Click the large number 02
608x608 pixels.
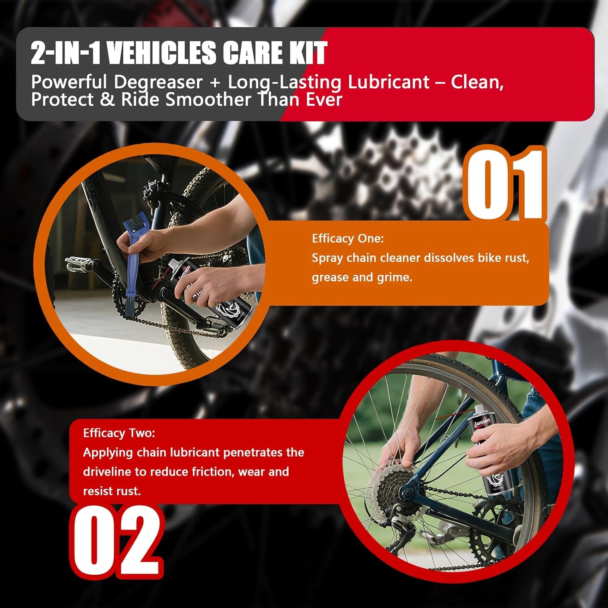pos(117,541)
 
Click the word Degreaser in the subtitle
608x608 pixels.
pos(158,82)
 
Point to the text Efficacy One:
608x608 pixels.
pos(348,239)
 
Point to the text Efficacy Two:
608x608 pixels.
pos(119,433)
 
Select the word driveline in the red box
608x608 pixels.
pos(107,472)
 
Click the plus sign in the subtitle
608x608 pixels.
pos(215,82)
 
